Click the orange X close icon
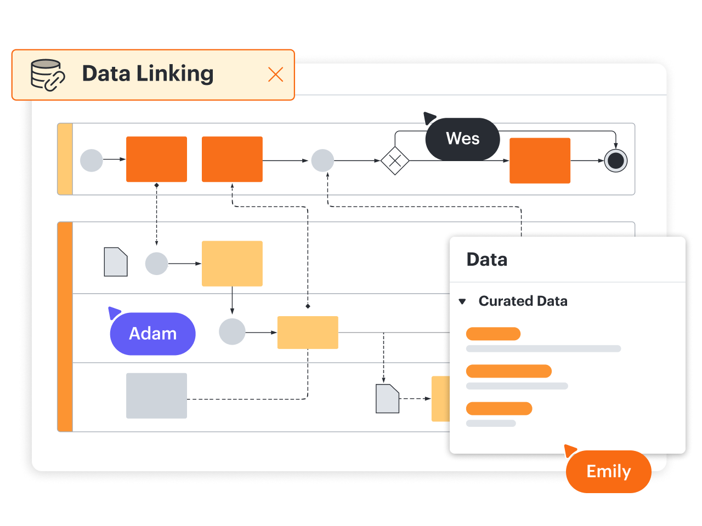[x=275, y=75]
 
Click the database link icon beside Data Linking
[x=47, y=75]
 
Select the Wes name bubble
[x=462, y=139]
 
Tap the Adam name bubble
[x=152, y=334]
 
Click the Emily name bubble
[x=608, y=471]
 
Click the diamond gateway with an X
[x=395, y=161]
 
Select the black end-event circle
[x=615, y=161]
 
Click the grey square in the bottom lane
[x=156, y=396]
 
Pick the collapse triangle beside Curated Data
[x=462, y=301]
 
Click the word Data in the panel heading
[x=486, y=260]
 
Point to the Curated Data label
[x=523, y=301]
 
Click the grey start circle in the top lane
[x=92, y=160]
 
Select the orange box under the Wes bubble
[x=540, y=161]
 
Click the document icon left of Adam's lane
[x=116, y=262]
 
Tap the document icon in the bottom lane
[x=387, y=398]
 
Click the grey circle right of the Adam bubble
[x=232, y=332]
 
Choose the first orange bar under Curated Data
[x=493, y=334]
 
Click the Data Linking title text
[x=148, y=74]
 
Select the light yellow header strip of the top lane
[x=65, y=159]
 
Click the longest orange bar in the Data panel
[x=508, y=371]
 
